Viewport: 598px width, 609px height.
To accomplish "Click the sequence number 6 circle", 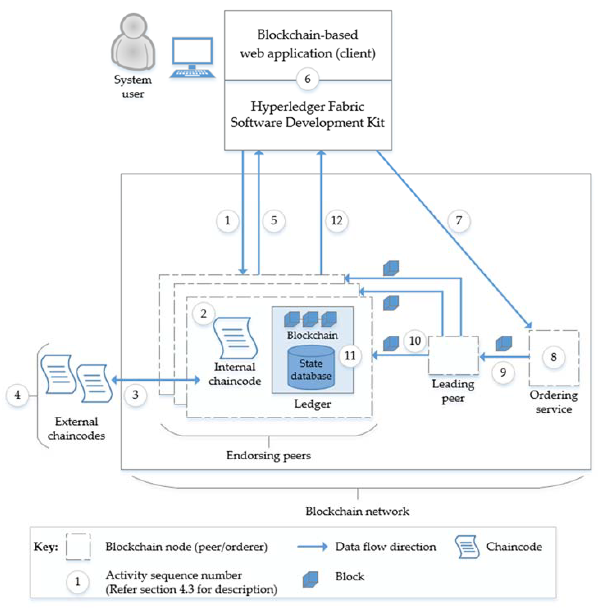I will click(308, 79).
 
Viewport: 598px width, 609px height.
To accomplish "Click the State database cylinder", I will click(311, 368).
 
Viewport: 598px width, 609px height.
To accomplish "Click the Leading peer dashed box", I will click(453, 355).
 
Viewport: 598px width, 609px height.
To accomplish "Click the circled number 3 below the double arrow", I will click(135, 395).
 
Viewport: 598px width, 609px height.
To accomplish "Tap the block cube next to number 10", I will click(391, 343).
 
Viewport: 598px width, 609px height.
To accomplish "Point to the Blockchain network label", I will click(357, 511).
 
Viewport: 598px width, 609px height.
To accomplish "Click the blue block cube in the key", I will click(310, 579).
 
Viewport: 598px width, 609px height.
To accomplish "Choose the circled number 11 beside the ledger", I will click(350, 356).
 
